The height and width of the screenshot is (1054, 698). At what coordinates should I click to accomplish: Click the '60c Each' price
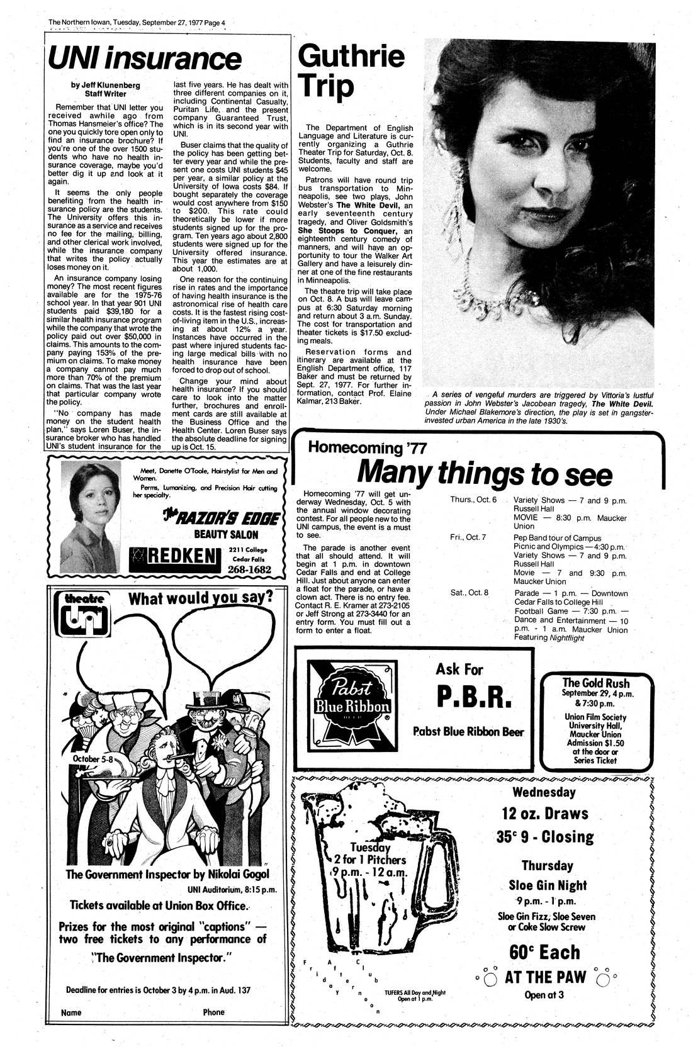point(545,951)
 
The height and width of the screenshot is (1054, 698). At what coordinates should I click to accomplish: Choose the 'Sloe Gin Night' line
point(548,885)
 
